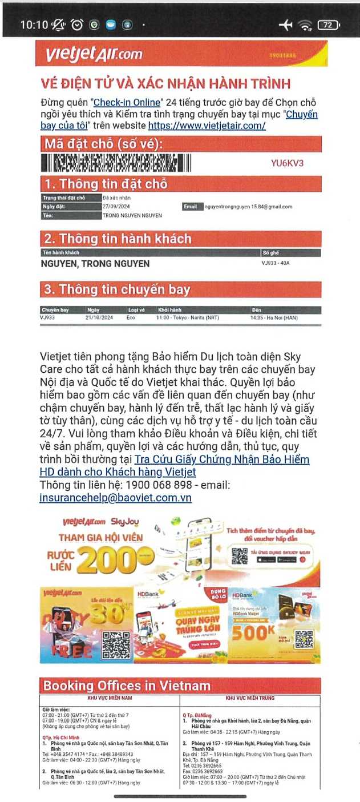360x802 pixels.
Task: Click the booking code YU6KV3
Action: (288, 163)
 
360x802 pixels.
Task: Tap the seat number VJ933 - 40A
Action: (276, 263)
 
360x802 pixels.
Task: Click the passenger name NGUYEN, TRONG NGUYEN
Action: (95, 264)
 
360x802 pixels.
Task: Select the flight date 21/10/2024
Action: (99, 317)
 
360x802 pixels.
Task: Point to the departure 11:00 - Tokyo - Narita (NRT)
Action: (188, 317)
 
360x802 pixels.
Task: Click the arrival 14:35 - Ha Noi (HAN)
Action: (274, 317)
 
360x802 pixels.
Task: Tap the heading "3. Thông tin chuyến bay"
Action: (117, 290)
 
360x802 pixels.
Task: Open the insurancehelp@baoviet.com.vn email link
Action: (116, 497)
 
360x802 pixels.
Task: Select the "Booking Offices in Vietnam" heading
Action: (127, 686)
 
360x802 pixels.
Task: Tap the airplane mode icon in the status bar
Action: (285, 25)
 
